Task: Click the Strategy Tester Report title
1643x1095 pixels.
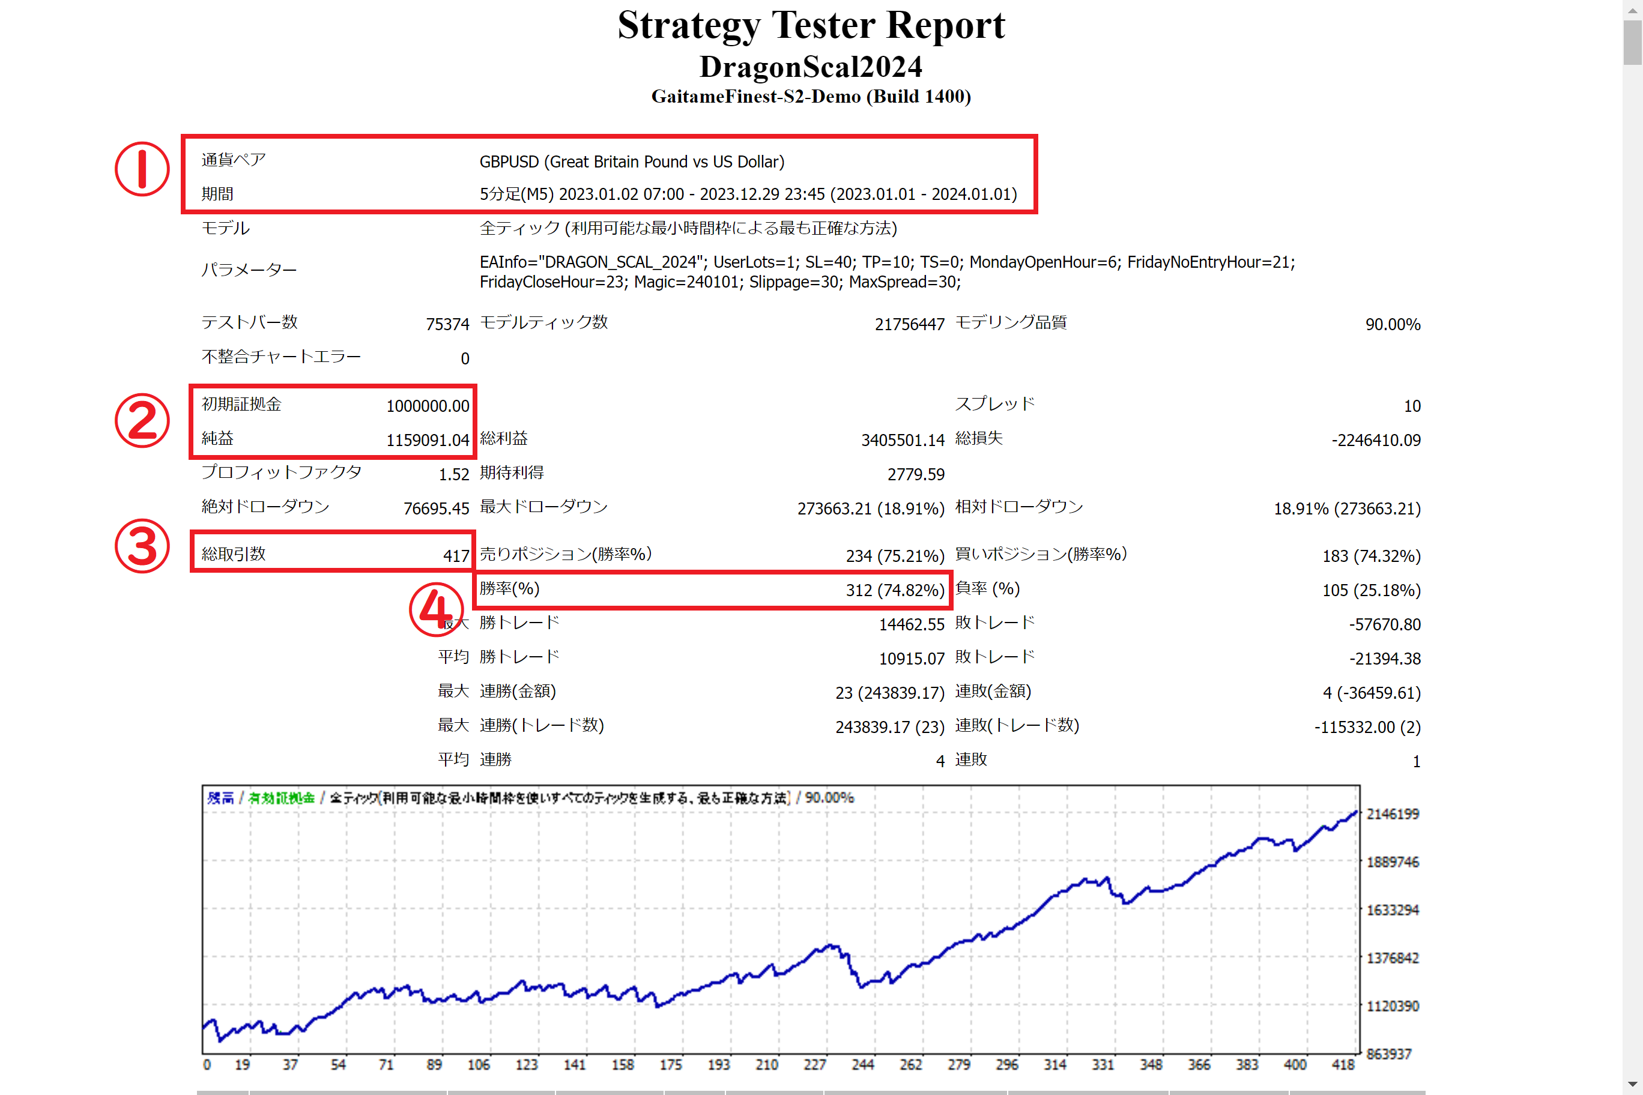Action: (x=811, y=25)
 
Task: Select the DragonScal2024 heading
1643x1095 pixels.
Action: (x=811, y=67)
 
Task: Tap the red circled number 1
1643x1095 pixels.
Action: (x=142, y=169)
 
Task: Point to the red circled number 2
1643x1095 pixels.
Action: (x=142, y=420)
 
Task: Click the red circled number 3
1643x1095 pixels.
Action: (x=142, y=546)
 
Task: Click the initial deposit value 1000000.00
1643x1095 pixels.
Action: (x=428, y=406)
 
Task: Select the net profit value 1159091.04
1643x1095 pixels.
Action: (x=428, y=440)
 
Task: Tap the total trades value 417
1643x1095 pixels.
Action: (x=456, y=556)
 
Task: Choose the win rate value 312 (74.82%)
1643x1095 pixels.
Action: (x=895, y=590)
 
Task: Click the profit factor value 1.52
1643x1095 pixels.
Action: (x=453, y=474)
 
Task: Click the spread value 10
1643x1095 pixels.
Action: (x=1412, y=406)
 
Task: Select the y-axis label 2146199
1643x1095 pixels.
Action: (x=1392, y=813)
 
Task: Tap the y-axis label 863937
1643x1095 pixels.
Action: (x=1389, y=1054)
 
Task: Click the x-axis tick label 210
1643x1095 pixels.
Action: (x=766, y=1064)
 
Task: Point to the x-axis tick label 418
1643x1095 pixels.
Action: (x=1343, y=1064)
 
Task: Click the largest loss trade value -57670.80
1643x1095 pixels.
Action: (x=1385, y=624)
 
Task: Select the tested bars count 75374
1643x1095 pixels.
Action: (x=447, y=324)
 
